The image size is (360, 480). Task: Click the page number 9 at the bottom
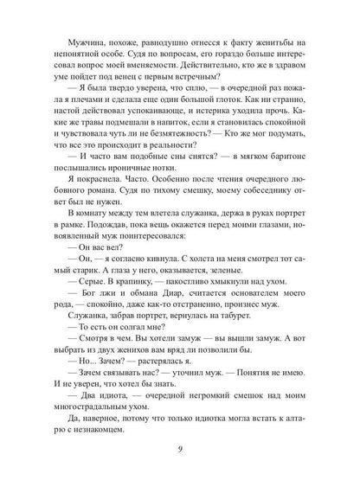[x=180, y=450]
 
